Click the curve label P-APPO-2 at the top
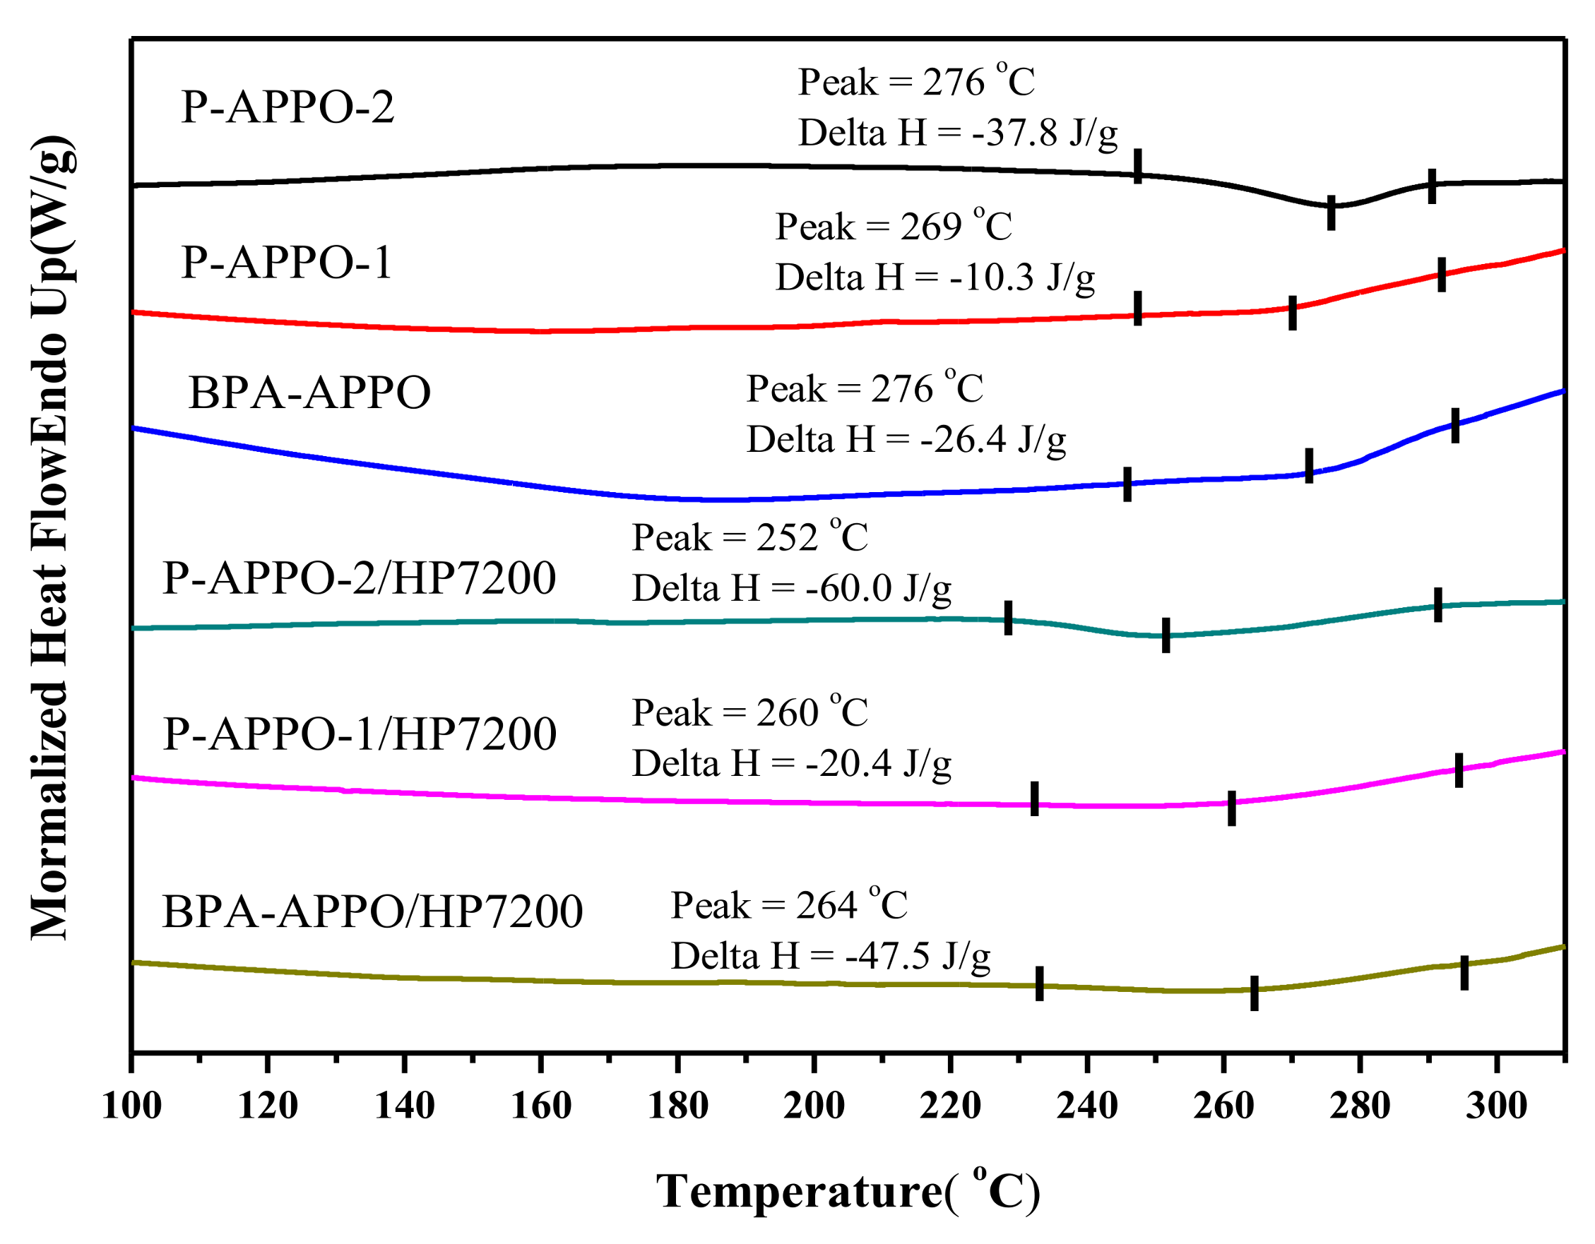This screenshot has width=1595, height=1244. pyautogui.click(x=287, y=107)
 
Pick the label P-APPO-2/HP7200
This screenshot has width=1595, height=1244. pyautogui.click(x=359, y=578)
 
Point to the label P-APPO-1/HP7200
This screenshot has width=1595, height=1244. pyautogui.click(x=360, y=734)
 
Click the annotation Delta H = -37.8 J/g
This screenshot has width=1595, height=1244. pyautogui.click(x=957, y=133)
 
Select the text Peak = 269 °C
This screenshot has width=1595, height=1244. pyautogui.click(x=893, y=227)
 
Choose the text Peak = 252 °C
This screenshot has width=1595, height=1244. pyautogui.click(x=749, y=538)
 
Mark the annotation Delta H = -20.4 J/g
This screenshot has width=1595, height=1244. pyautogui.click(x=791, y=765)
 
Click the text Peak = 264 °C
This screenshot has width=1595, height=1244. pyautogui.click(x=789, y=906)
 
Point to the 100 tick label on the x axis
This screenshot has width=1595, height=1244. pyautogui.click(x=131, y=1106)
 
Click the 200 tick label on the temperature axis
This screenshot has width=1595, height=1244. pyautogui.click(x=814, y=1106)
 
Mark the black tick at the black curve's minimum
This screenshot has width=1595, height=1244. pyautogui.click(x=1331, y=213)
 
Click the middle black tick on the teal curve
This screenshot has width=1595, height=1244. pyautogui.click(x=1166, y=635)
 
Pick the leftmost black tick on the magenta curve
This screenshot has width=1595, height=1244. pyautogui.click(x=1034, y=798)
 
